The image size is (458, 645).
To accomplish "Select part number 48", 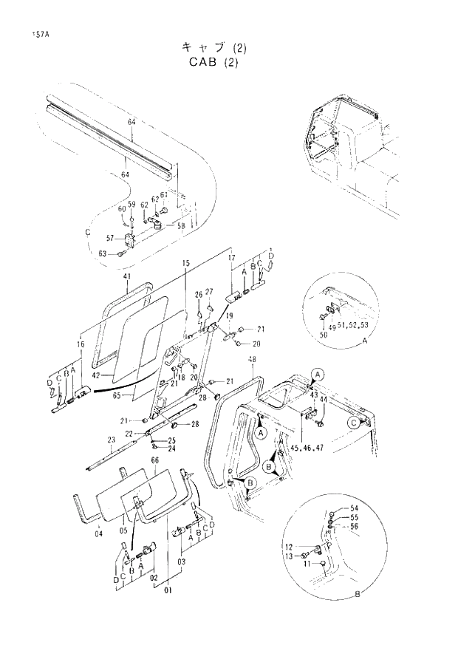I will (253, 360).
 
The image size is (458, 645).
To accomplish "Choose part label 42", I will (96, 375).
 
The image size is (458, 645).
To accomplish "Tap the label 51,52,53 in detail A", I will (353, 324).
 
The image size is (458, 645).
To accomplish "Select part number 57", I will (111, 239).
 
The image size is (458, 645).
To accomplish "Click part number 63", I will (102, 253).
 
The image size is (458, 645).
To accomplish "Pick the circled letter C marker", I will (354, 423).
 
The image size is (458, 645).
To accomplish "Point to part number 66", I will (154, 460).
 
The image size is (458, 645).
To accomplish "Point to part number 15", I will (186, 263).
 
